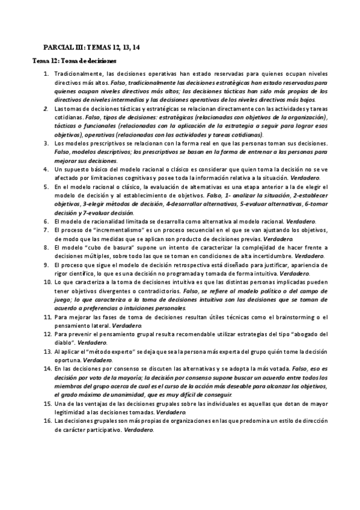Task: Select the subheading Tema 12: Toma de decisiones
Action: tap(75, 61)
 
